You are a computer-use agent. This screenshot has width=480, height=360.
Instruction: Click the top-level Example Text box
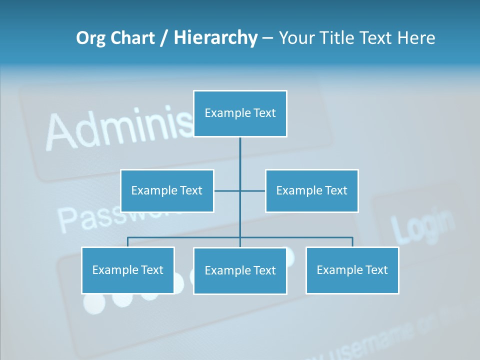click(x=240, y=113)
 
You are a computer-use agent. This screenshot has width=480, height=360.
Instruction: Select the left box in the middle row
click(x=167, y=190)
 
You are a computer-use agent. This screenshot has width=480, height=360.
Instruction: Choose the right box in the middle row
click(x=311, y=190)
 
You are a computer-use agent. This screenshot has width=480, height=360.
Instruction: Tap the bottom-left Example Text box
click(x=128, y=270)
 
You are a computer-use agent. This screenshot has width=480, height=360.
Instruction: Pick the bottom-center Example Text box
click(x=240, y=270)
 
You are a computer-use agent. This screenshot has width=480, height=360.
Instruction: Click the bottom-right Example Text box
click(x=352, y=270)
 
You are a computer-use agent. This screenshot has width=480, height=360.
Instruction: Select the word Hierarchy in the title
click(x=215, y=38)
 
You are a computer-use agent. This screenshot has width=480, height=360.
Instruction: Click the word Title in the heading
click(x=339, y=38)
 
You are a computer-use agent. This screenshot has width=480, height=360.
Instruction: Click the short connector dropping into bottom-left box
click(x=128, y=242)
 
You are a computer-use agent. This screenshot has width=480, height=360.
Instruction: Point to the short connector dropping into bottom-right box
click(x=352, y=242)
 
